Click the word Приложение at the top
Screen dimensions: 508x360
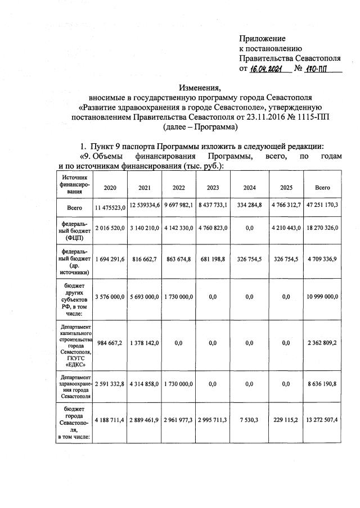pos(262,38)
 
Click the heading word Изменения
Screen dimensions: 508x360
pos(200,88)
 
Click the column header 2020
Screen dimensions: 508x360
pos(109,187)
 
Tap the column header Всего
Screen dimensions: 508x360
pos(322,187)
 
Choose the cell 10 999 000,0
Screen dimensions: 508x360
pos(322,296)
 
